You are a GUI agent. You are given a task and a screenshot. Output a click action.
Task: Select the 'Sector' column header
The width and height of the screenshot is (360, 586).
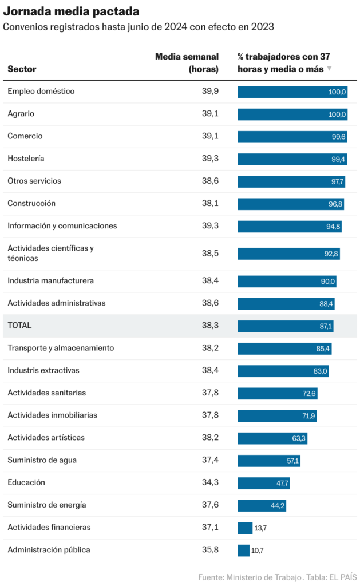[22, 69]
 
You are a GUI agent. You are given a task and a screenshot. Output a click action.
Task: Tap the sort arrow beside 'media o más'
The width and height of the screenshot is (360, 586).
[329, 69]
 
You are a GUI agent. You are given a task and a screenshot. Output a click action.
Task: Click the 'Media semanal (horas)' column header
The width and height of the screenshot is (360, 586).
[187, 62]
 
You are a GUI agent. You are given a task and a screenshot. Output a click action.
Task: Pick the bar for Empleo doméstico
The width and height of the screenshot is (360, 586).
[292, 92]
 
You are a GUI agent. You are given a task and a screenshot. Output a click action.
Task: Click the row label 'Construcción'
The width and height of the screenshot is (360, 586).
[31, 203]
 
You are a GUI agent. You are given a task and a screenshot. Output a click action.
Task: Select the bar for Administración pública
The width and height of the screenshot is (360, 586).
[244, 551]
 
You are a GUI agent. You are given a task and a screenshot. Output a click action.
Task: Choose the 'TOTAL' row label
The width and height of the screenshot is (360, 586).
[19, 326]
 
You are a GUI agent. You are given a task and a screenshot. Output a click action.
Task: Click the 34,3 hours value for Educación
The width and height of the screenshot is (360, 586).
[210, 482]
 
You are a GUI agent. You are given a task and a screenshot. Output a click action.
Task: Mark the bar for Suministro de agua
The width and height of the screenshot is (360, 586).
[269, 461]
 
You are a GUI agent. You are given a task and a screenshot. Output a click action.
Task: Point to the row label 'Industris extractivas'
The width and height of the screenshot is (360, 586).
[43, 370]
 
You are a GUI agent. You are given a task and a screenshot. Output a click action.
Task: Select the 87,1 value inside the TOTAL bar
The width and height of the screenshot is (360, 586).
[326, 326]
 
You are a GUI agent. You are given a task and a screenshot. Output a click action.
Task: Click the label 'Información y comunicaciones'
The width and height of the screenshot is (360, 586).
[62, 225]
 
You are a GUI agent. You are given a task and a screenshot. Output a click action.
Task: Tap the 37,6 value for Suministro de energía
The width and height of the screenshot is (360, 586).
[210, 505]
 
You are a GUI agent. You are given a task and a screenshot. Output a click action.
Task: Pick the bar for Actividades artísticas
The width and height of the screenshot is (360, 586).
[272, 438]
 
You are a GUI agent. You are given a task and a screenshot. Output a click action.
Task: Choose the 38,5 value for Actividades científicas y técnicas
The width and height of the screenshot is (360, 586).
[210, 253]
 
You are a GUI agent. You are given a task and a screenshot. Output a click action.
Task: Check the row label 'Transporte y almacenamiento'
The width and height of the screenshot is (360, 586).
[61, 348]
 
